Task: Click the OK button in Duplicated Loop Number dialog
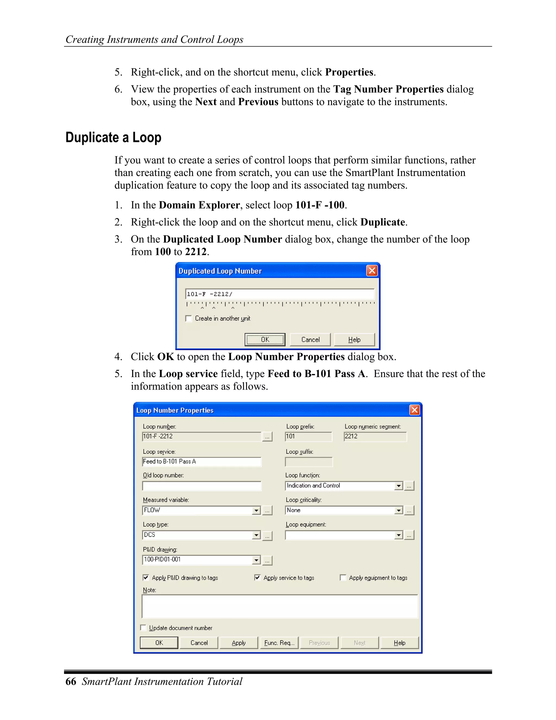[265, 339]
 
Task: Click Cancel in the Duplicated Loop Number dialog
[310, 339]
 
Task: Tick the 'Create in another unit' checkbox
[189, 318]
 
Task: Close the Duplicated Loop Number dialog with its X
[372, 271]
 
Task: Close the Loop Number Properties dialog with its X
[414, 410]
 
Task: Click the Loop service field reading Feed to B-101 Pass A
[202, 462]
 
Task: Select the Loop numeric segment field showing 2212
[375, 437]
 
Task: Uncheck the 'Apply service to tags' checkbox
[257, 578]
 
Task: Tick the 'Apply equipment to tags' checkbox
[343, 578]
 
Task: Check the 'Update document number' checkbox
[143, 628]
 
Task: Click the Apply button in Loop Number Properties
[238, 643]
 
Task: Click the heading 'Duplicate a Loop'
[113, 137]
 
